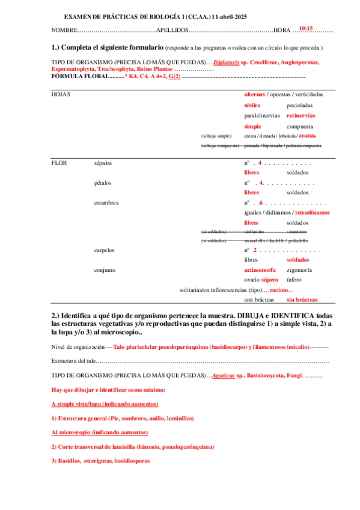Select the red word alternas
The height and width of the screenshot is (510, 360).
click(254, 94)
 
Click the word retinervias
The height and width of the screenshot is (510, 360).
click(301, 115)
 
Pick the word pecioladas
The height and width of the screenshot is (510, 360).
click(299, 105)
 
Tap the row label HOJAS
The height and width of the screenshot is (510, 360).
click(61, 94)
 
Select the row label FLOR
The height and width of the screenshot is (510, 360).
click(59, 163)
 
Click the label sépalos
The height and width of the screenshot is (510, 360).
click(103, 163)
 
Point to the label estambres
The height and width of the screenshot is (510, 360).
click(106, 203)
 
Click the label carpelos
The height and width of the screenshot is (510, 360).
click(105, 250)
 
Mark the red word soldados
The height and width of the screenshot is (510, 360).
click(298, 260)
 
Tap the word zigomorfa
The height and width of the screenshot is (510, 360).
click(299, 270)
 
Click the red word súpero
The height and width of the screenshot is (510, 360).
click(270, 280)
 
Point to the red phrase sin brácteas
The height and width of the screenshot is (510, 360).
click(302, 300)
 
